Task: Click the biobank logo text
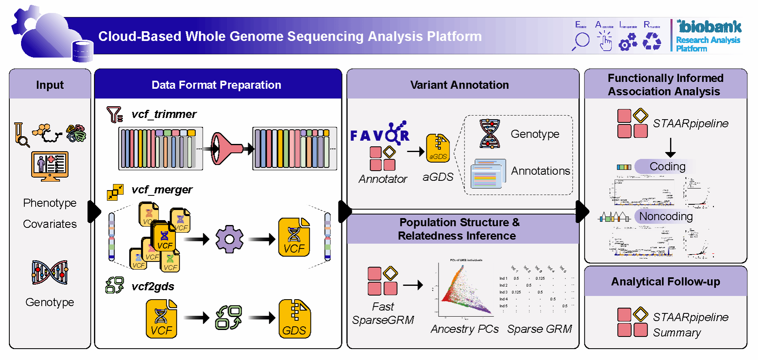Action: [710, 27]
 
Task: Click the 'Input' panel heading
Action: [50, 85]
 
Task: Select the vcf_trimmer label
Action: [164, 114]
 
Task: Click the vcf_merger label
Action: [162, 190]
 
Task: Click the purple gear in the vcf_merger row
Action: [229, 239]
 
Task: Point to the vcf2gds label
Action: [153, 287]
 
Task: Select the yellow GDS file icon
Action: [295, 319]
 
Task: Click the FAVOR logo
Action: [380, 134]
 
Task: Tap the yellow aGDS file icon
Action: [438, 148]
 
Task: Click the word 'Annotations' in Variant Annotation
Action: [540, 171]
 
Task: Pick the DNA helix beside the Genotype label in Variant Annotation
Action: [489, 134]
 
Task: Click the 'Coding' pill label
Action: [667, 167]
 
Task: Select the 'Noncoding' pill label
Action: [666, 216]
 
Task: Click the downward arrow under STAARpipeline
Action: [670, 148]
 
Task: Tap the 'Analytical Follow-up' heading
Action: [666, 282]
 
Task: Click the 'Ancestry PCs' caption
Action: [465, 329]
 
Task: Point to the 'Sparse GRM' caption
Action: [540, 329]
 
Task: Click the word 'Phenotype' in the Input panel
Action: [50, 203]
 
